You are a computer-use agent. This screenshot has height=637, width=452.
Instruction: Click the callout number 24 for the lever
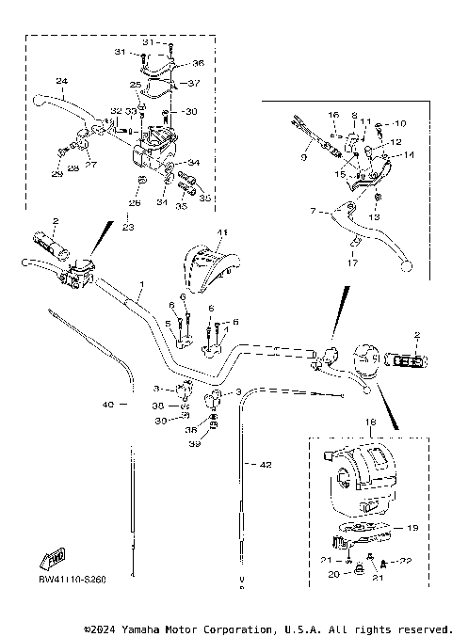[x=61, y=81]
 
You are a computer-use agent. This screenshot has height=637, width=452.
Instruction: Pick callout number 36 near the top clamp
[x=198, y=63]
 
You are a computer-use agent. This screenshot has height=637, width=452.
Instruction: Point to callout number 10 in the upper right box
[x=399, y=124]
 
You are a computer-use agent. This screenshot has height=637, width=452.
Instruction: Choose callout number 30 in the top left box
[x=191, y=112]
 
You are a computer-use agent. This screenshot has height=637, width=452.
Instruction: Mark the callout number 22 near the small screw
[x=407, y=561]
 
